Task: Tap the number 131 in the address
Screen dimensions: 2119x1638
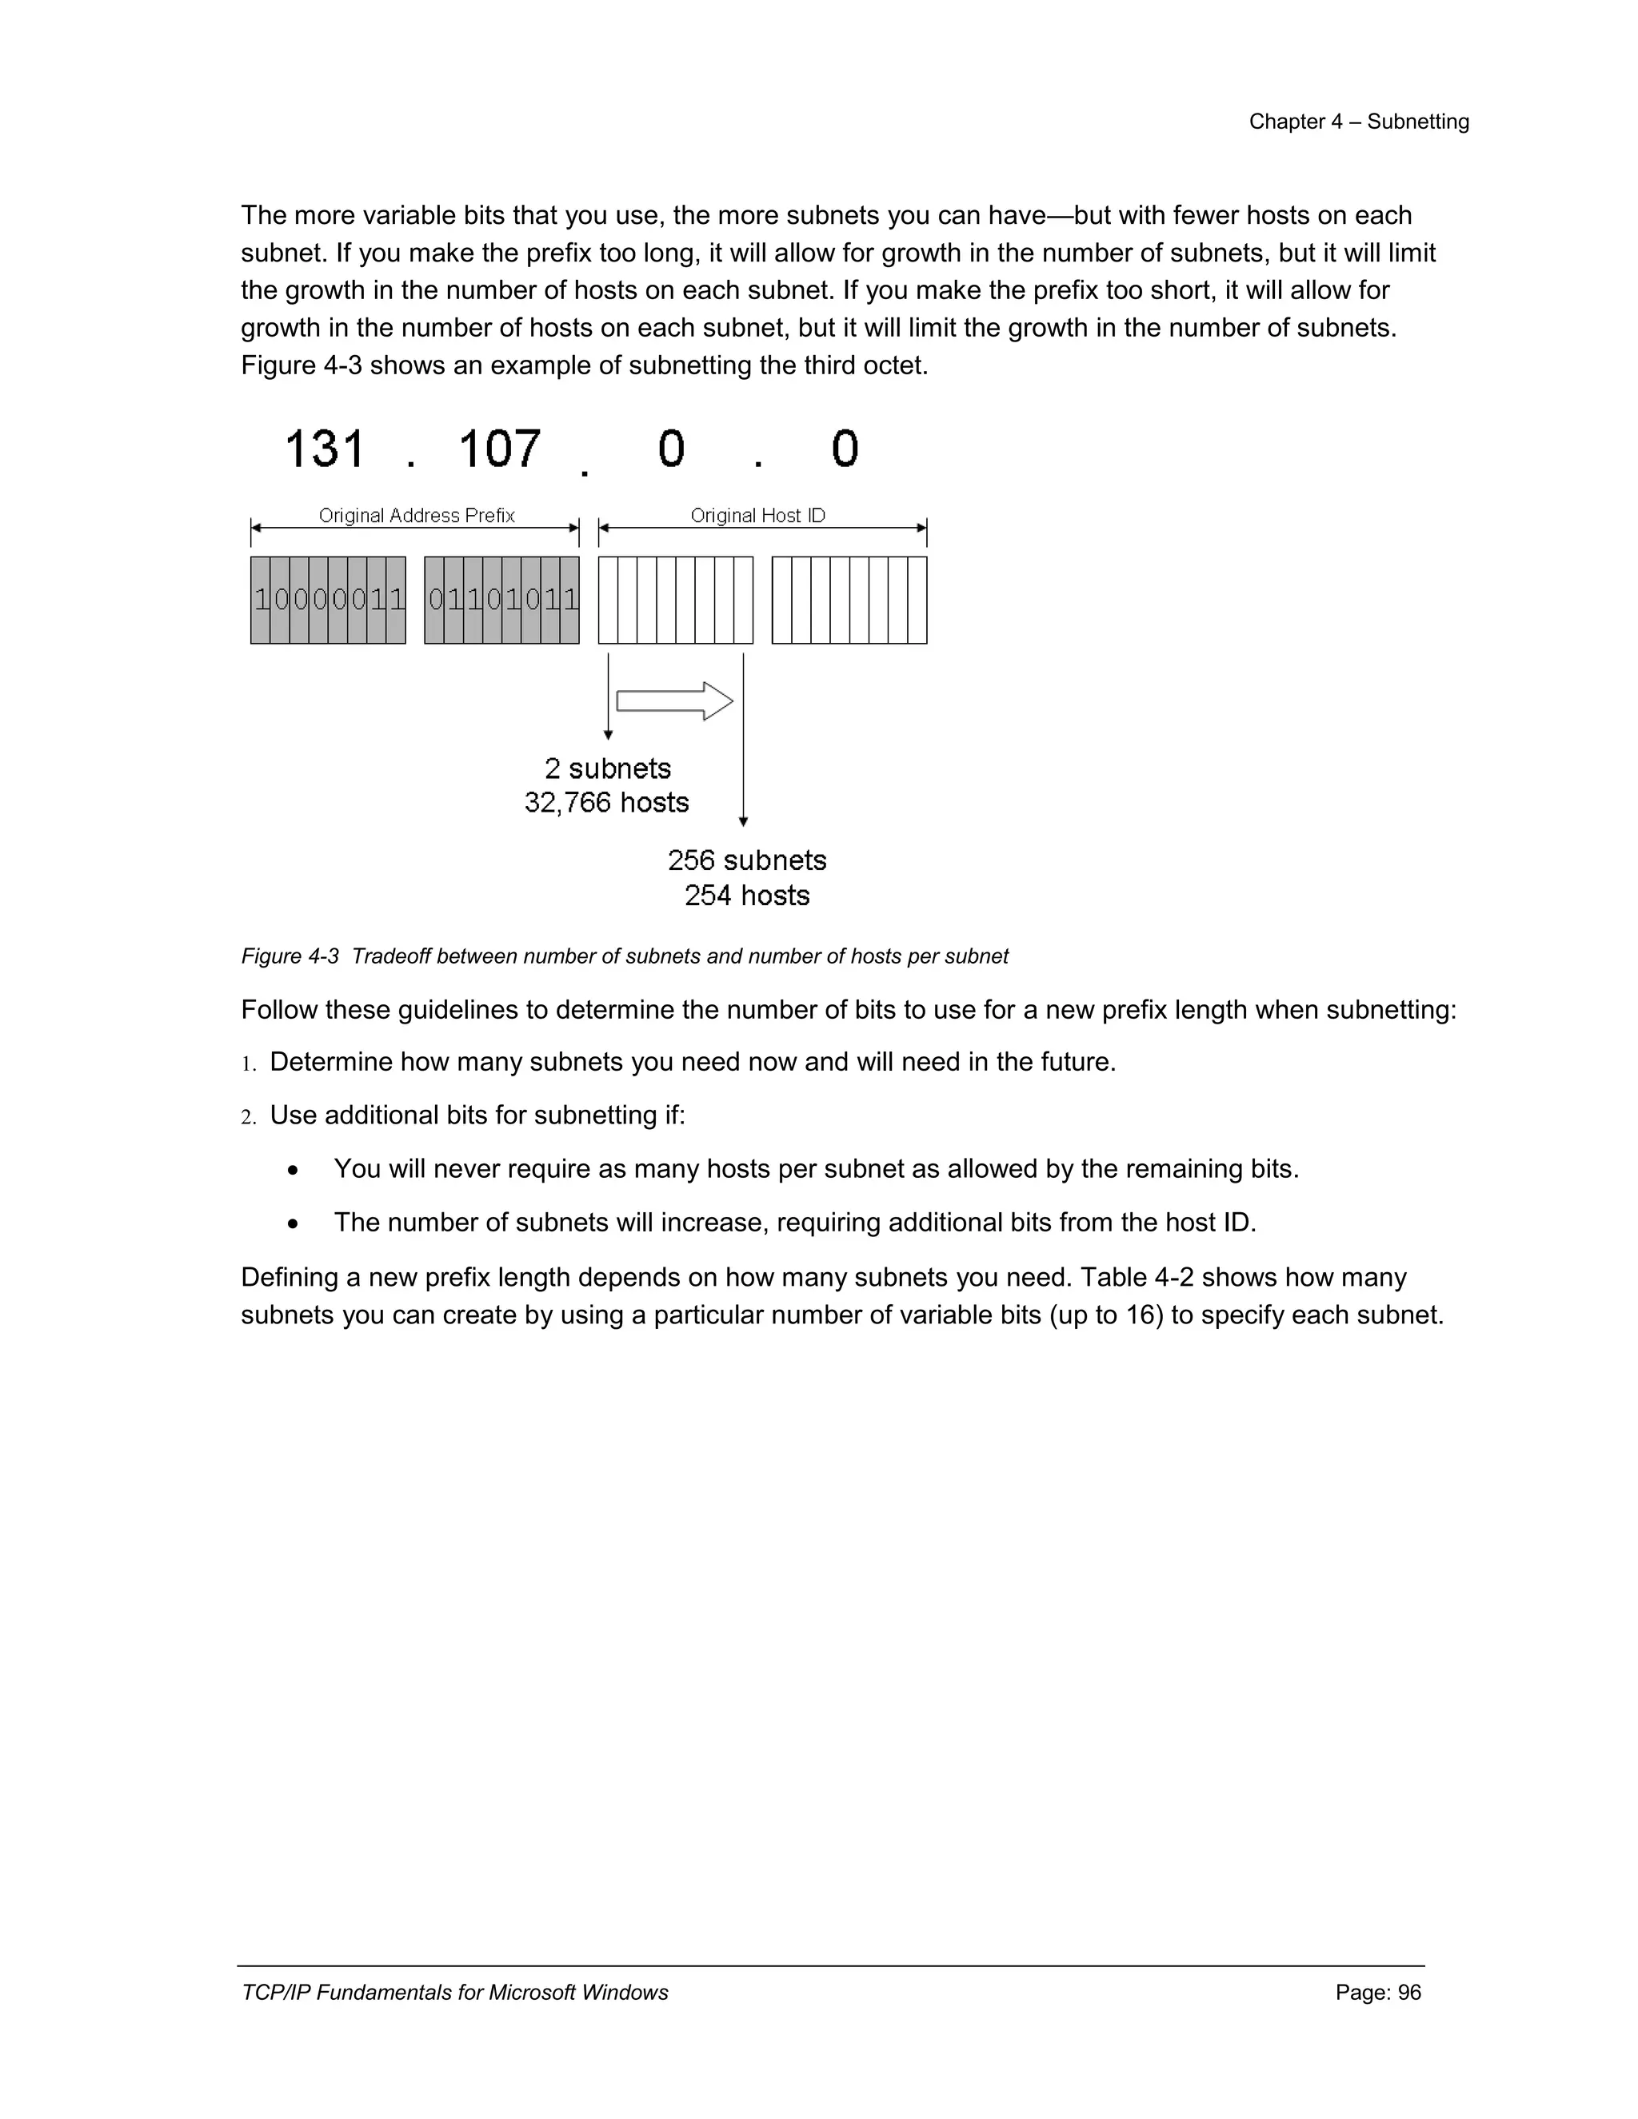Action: pos(324,449)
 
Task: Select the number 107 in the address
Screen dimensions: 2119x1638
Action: pos(499,449)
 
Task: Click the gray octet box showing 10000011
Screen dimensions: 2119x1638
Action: pos(328,600)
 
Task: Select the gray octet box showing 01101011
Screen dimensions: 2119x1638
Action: pos(501,600)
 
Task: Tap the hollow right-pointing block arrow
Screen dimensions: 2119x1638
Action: pos(674,700)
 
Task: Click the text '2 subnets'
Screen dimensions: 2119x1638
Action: pos(608,768)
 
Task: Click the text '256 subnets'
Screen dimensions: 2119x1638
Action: pos(746,860)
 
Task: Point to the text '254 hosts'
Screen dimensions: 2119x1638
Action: pos(746,895)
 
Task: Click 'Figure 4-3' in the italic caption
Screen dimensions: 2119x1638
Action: pos(290,956)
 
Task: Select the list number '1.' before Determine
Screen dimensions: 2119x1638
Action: pos(249,1064)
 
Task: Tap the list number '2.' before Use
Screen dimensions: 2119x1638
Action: pos(249,1118)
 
